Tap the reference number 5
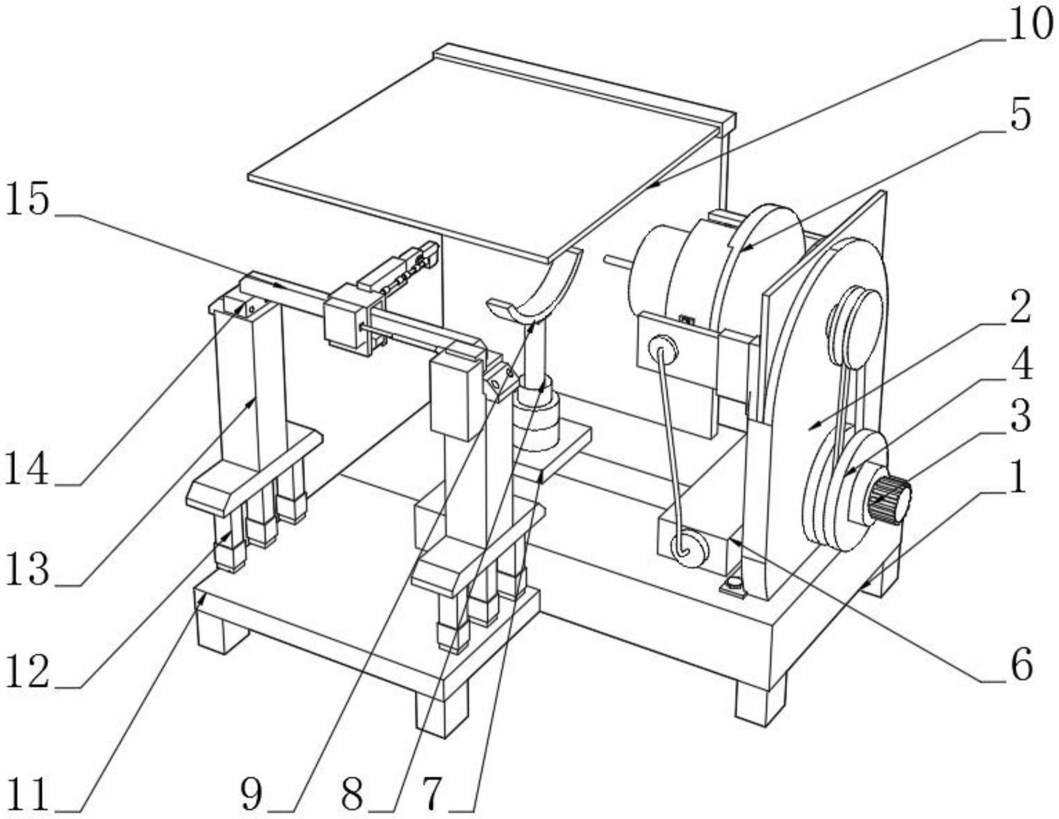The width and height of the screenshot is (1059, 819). click(1020, 115)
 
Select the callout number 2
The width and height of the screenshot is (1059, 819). click(1020, 307)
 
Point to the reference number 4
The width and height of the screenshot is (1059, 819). click(1023, 365)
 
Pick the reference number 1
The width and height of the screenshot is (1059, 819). click(1018, 476)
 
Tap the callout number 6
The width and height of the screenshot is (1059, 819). click(1022, 665)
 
